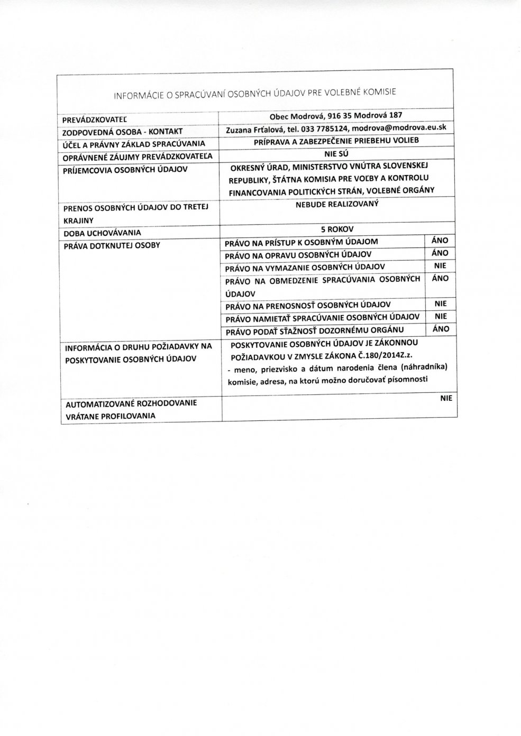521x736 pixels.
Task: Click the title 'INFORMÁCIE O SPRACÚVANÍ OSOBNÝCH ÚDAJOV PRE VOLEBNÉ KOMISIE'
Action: [x=255, y=94]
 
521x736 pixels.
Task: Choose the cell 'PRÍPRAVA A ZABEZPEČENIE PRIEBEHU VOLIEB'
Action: [x=336, y=141]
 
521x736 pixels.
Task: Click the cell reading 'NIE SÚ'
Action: [x=336, y=154]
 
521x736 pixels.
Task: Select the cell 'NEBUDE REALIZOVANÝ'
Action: [x=336, y=204]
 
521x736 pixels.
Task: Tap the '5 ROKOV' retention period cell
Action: [x=336, y=229]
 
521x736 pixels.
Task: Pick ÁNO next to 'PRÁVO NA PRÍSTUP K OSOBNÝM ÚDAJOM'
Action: [x=440, y=240]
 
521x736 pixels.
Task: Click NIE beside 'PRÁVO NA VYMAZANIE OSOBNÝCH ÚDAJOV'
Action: [x=440, y=265]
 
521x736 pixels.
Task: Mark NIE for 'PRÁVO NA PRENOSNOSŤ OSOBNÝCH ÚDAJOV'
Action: [x=440, y=304]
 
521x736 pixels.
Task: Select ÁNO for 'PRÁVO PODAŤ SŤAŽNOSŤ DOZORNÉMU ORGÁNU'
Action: [x=440, y=329]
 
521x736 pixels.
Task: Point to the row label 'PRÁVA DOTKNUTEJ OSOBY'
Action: [x=111, y=245]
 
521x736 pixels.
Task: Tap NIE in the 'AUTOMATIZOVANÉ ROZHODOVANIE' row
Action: [x=446, y=399]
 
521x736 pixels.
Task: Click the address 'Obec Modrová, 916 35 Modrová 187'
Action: [x=336, y=116]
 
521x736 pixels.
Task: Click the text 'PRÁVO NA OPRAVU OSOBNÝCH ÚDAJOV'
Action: [x=298, y=254]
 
